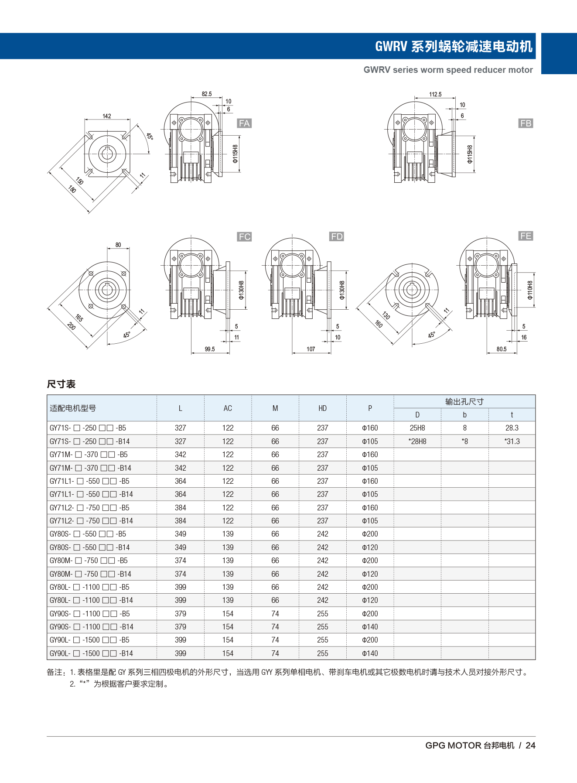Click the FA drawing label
[x=244, y=123]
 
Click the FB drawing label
[x=526, y=123]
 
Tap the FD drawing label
[x=337, y=236]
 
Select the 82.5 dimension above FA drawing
[x=207, y=94]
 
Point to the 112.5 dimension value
[x=435, y=94]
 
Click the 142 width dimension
[x=107, y=116]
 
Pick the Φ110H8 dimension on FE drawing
[x=530, y=290]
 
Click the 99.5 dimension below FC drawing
[x=210, y=349]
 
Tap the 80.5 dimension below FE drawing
[x=502, y=349]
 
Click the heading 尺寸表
[x=61, y=384]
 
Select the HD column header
[x=322, y=408]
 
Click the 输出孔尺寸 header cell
[x=464, y=402]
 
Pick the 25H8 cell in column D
[x=417, y=428]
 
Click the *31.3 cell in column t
[x=512, y=441]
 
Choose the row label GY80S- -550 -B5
[x=88, y=534]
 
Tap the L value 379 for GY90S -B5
[x=181, y=614]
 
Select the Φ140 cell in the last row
[x=370, y=653]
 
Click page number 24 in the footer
[x=530, y=745]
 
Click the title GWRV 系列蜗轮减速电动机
[x=454, y=46]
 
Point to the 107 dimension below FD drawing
[x=311, y=349]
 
